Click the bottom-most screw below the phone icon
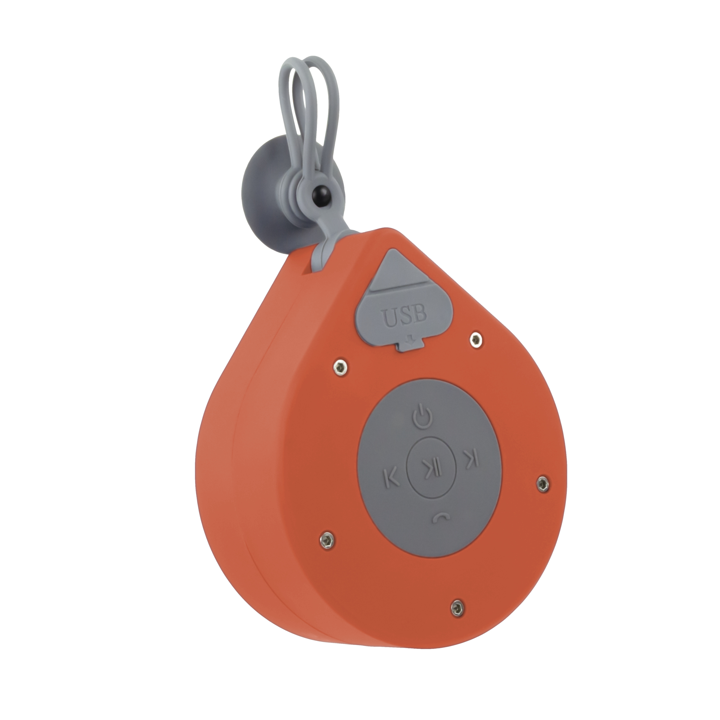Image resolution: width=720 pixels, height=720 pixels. [x=457, y=609]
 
